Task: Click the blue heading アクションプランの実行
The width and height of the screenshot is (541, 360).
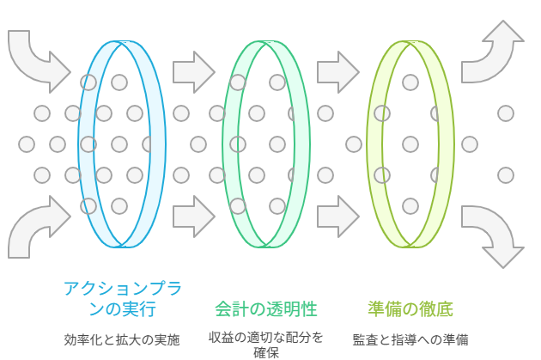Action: (122, 296)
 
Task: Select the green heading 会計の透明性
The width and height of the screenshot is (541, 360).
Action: (260, 308)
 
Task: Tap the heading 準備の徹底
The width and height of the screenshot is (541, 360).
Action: (410, 308)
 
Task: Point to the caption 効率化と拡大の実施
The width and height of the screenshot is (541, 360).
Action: (122, 339)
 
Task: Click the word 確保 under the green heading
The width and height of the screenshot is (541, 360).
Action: (266, 352)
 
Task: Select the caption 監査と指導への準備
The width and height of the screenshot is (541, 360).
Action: (410, 339)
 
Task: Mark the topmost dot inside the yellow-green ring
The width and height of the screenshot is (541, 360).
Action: (410, 82)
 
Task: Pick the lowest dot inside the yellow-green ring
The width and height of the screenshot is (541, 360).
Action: (410, 206)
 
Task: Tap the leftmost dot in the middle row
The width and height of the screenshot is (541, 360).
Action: (27, 143)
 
